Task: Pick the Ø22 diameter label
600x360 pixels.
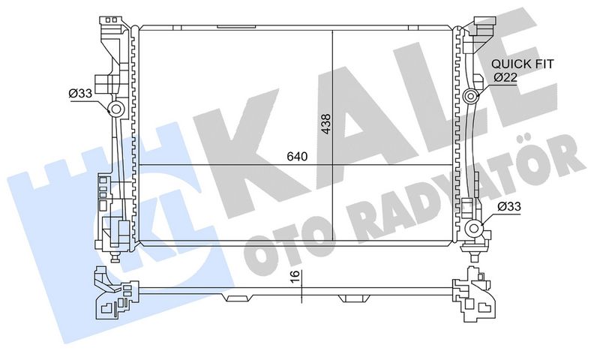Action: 504,77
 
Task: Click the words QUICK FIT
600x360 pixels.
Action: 522,64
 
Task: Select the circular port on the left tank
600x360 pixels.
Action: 118,111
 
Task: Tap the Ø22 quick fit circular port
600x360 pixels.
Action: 471,96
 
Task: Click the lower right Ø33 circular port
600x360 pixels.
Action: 472,229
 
